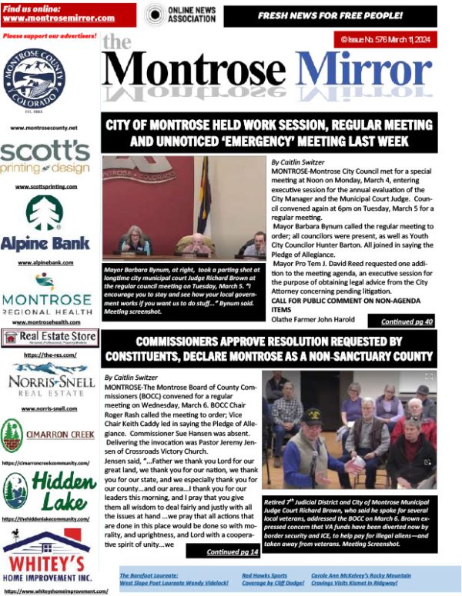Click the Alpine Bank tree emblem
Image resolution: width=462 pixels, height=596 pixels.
pyautogui.click(x=45, y=213)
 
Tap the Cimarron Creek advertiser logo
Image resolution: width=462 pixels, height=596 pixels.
pyautogui.click(x=49, y=435)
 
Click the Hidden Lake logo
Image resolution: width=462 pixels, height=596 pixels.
pyautogui.click(x=49, y=490)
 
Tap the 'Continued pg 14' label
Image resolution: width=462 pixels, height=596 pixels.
pyautogui.click(x=233, y=551)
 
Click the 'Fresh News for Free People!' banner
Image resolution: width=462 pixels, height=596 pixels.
pyautogui.click(x=340, y=15)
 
